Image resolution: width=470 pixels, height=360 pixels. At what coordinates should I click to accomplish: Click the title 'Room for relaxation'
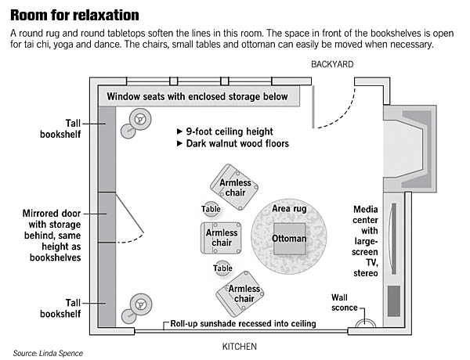point(76,15)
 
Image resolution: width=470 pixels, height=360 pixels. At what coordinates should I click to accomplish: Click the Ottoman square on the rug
point(289,239)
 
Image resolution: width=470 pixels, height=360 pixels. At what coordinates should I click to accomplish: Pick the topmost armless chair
point(234,185)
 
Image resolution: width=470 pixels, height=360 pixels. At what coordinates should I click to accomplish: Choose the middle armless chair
point(222,237)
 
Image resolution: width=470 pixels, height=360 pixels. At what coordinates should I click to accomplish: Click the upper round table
point(210,209)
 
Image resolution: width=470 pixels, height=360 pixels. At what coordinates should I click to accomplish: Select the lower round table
point(222,268)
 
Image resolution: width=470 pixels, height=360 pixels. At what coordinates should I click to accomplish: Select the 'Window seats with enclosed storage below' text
point(197,97)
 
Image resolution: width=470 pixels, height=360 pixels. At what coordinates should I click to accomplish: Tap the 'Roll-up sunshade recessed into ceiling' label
point(243,323)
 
